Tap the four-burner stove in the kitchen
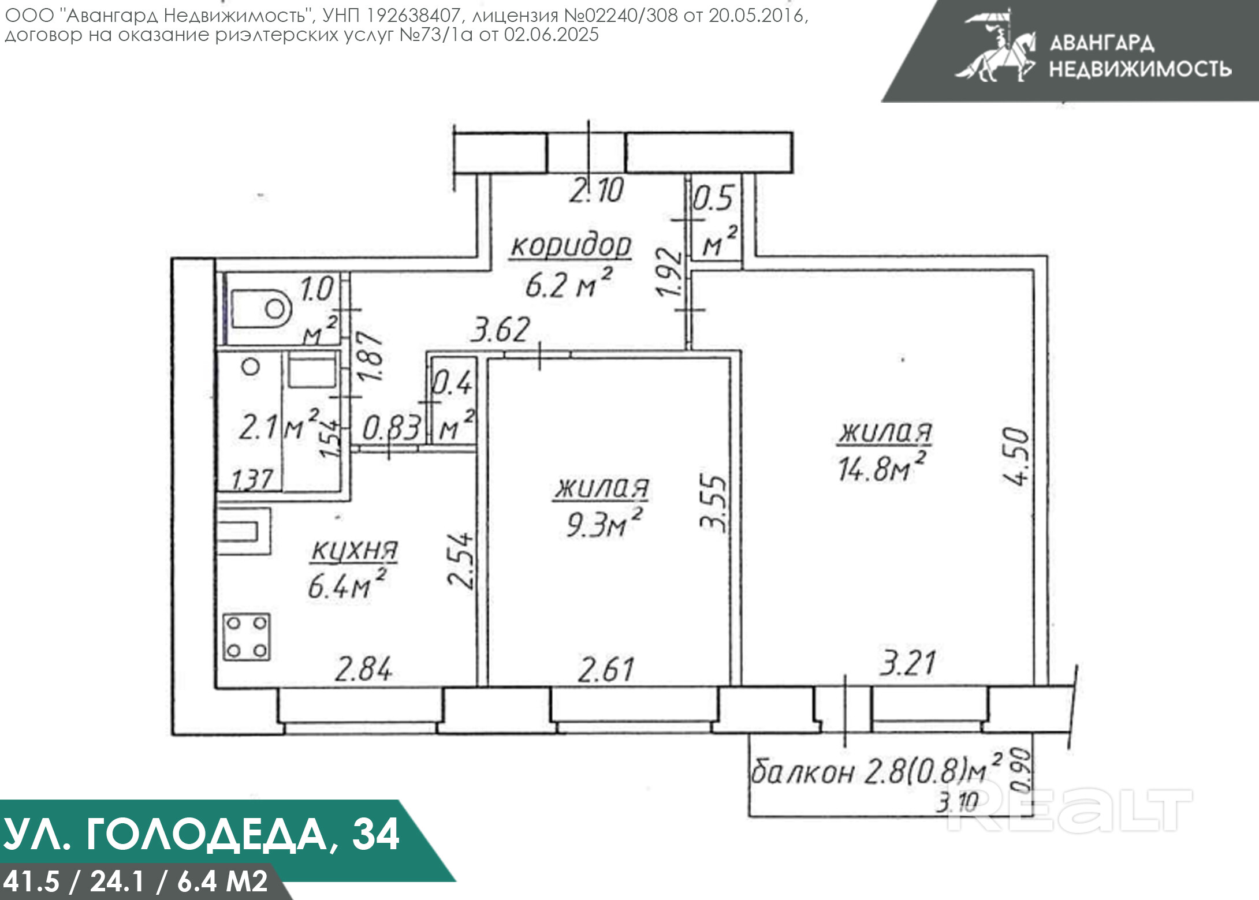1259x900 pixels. [x=247, y=637]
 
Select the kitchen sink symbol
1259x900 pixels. [x=244, y=531]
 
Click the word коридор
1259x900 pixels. [x=571, y=247]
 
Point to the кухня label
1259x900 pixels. [x=355, y=550]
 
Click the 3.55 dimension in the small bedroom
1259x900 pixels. [x=713, y=502]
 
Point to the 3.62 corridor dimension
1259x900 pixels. [x=500, y=330]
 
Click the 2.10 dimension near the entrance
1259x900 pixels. [x=597, y=191]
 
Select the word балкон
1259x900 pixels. [x=803, y=771]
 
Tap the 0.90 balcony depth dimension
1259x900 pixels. [x=1021, y=770]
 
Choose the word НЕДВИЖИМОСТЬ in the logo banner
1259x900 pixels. [x=1140, y=69]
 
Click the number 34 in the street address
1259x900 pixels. [x=375, y=834]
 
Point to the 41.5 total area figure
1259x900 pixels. [x=31, y=881]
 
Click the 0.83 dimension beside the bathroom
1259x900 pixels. [x=391, y=429]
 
